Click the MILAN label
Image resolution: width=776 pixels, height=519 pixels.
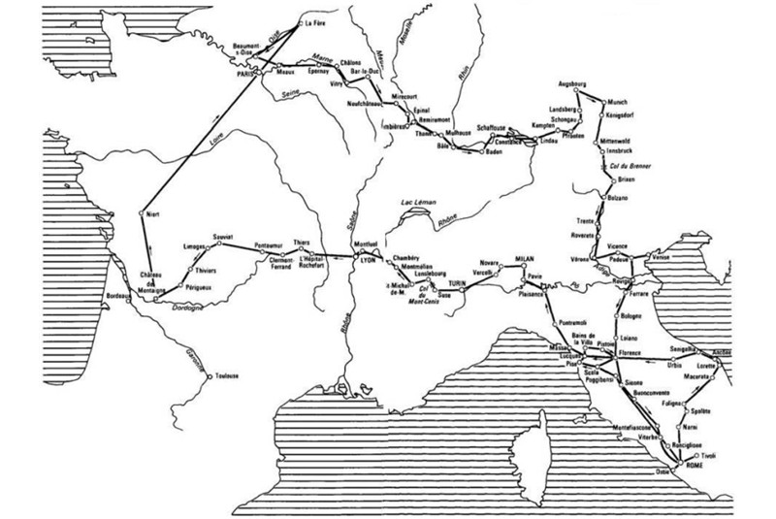(527, 249)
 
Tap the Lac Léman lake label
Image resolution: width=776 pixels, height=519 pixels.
(410, 202)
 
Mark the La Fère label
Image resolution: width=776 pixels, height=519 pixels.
(316, 22)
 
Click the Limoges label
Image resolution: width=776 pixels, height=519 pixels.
(196, 246)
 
